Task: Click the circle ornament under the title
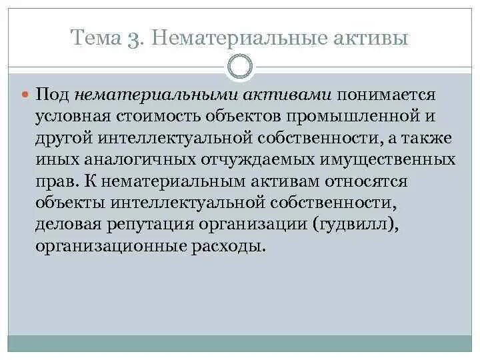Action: point(240,67)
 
